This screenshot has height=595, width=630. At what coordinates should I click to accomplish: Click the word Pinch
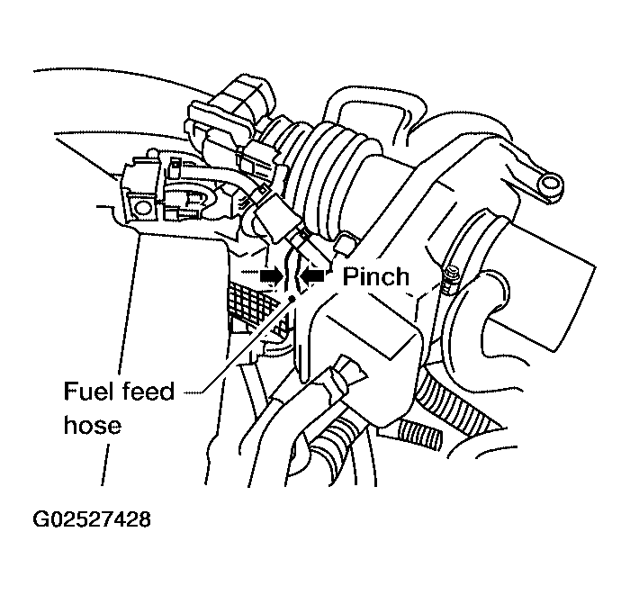[x=375, y=277]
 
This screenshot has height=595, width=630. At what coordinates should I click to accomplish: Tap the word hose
[x=92, y=425]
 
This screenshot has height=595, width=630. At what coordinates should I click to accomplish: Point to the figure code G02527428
[x=92, y=518]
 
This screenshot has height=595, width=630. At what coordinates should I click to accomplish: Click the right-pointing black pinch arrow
[x=271, y=276]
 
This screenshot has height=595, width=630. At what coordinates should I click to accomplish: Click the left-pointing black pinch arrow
[x=313, y=275]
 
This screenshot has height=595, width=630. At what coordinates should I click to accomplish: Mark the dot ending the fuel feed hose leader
[x=292, y=299]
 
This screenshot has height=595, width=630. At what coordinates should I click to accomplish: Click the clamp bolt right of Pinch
[x=449, y=279]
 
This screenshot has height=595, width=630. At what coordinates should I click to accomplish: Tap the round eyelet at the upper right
[x=549, y=185]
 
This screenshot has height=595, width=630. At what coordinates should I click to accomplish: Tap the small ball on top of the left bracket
[x=152, y=153]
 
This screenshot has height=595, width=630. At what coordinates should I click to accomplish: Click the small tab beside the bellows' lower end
[x=345, y=244]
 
